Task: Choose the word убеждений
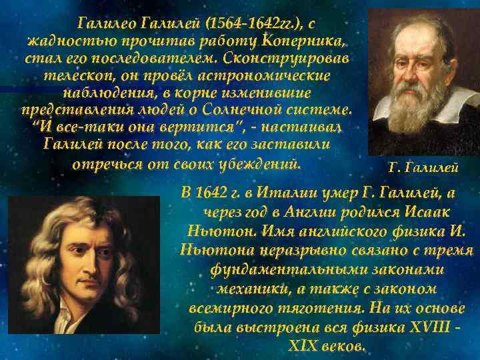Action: (x=257, y=163)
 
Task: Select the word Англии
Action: (x=325, y=211)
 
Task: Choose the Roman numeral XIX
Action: (x=302, y=347)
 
